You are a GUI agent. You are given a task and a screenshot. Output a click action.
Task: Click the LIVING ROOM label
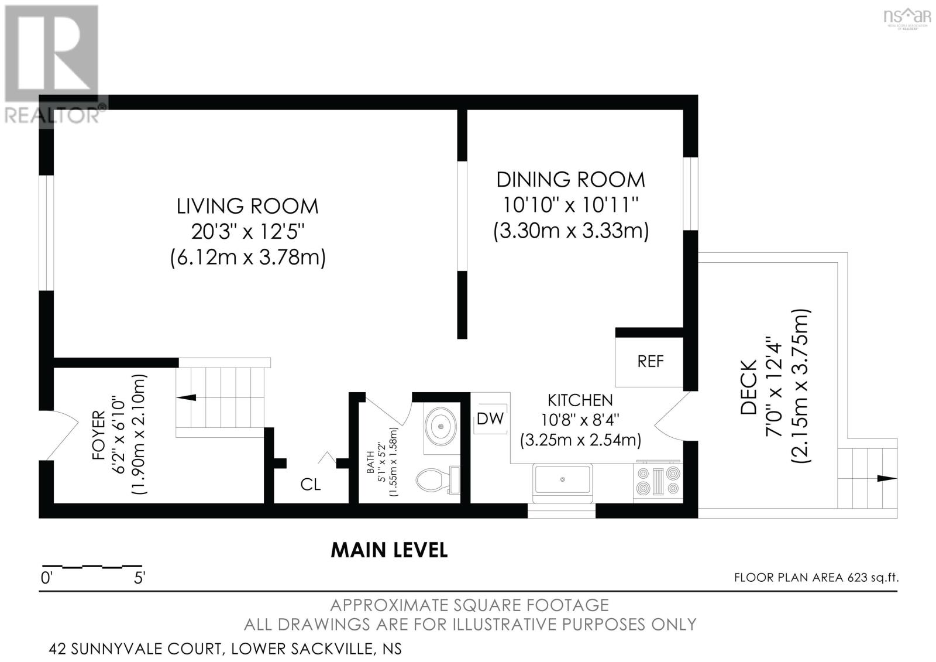[x=247, y=207]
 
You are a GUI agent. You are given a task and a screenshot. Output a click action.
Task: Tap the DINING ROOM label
[x=571, y=180]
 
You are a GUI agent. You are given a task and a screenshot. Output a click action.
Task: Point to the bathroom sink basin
[x=441, y=427]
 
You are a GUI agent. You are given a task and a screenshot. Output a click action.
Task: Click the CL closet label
[x=311, y=485]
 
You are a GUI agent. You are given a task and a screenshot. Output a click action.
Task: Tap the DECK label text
[x=748, y=387]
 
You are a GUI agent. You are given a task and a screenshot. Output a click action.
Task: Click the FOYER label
[x=99, y=435]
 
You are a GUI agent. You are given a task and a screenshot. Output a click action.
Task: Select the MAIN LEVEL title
[x=389, y=550]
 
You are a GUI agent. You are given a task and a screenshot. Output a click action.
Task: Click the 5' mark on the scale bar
[x=140, y=578]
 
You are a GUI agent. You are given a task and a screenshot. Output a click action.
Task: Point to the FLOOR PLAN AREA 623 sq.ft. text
[x=817, y=578]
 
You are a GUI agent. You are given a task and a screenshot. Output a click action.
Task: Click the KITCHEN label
[x=580, y=400]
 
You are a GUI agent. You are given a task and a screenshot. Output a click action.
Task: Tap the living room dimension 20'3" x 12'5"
[x=247, y=231]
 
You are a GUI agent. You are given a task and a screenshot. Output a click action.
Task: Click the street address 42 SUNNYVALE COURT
[x=135, y=649]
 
